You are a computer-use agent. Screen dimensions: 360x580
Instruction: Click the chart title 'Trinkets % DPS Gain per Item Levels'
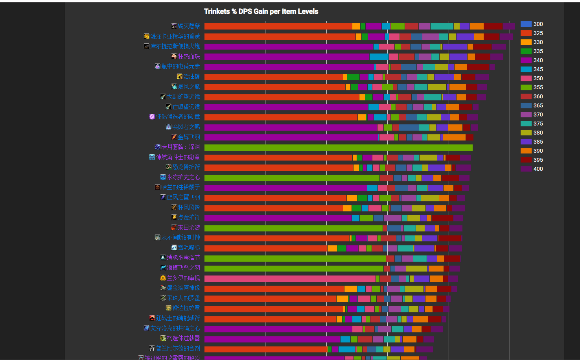click(x=261, y=11)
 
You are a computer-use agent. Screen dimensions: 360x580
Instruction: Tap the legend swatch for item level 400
click(x=526, y=169)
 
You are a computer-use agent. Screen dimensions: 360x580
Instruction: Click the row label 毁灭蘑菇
click(x=189, y=26)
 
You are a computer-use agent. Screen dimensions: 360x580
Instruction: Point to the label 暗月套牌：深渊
click(x=180, y=147)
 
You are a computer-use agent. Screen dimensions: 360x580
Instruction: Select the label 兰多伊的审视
click(x=183, y=278)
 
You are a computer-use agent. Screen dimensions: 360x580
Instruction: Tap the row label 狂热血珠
click(x=189, y=57)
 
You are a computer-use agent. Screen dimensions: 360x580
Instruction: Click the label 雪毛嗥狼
click(x=189, y=248)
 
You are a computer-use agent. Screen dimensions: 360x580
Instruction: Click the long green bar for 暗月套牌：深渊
click(x=338, y=148)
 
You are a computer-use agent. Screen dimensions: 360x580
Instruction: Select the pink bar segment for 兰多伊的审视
click(x=290, y=279)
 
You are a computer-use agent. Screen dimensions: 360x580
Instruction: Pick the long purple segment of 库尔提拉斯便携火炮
click(x=289, y=47)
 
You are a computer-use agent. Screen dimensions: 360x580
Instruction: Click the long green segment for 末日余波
click(x=293, y=228)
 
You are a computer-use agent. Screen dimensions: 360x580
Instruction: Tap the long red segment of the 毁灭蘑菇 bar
click(x=278, y=26)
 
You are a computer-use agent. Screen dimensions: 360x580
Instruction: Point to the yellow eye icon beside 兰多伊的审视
click(x=163, y=278)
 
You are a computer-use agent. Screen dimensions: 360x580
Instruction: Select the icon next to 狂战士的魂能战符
click(x=152, y=318)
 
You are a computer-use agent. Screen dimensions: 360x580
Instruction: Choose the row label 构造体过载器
click(x=183, y=338)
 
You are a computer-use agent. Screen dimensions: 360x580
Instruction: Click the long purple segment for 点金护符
click(x=278, y=218)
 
